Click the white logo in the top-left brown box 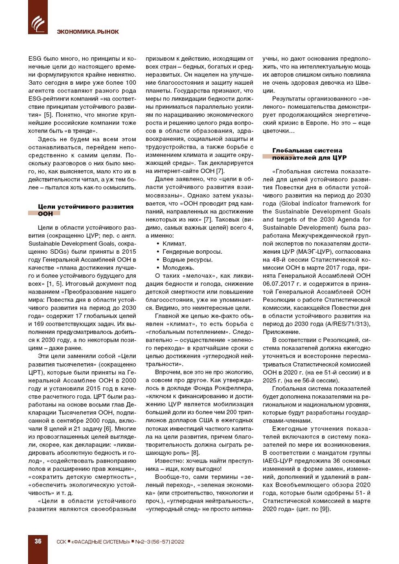click(38, 23)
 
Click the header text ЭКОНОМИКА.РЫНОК click(88, 32)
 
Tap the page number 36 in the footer click(38, 541)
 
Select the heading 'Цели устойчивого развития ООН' click(85, 210)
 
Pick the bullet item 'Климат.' click(174, 244)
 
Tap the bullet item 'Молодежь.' click(178, 268)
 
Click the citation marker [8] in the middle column click(195, 453)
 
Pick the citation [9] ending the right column click(324, 509)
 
